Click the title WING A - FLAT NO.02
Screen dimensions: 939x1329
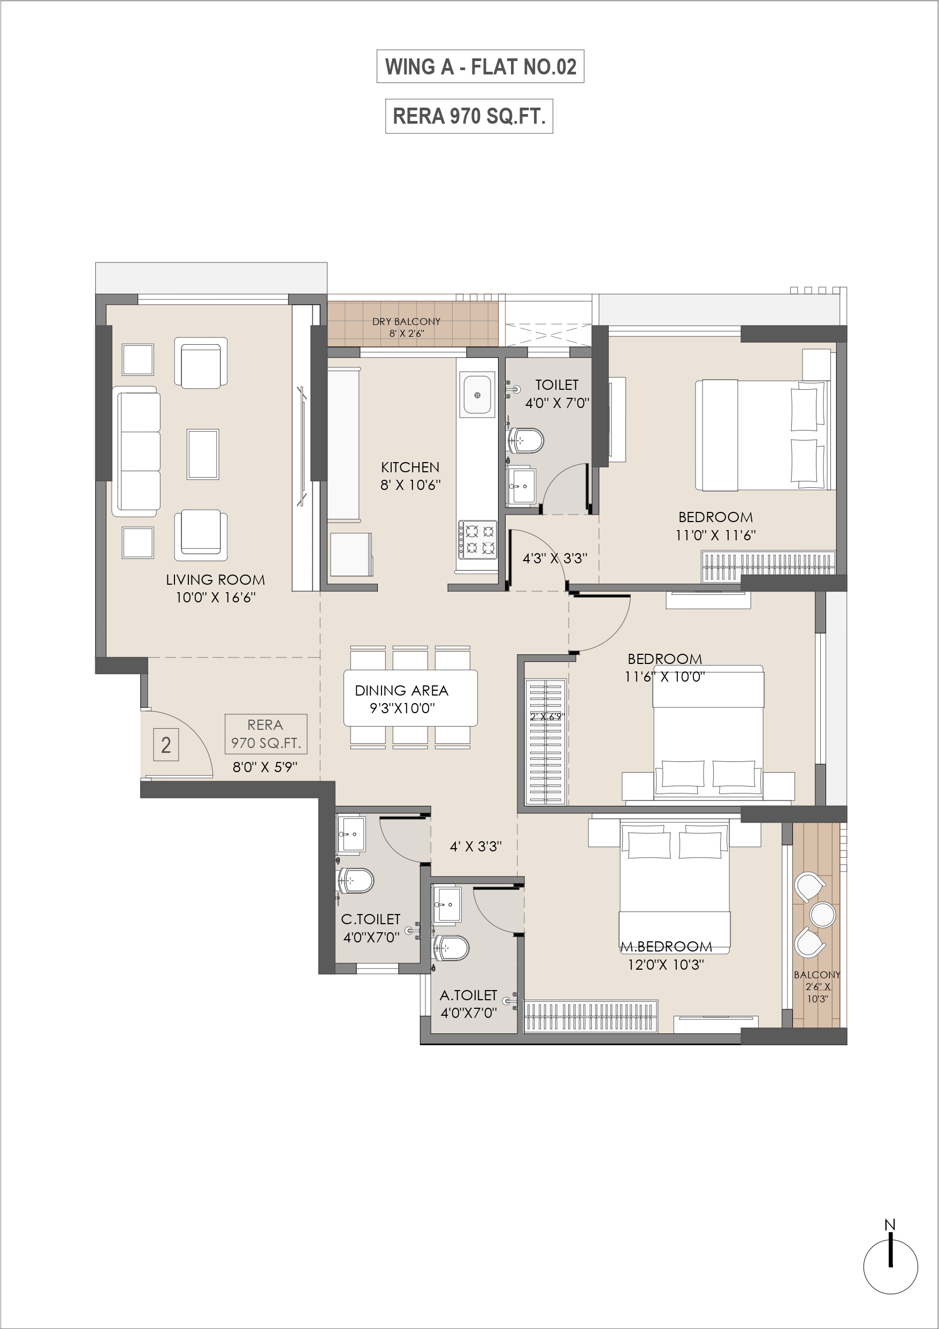(480, 66)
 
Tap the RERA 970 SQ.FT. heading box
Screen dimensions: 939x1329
(469, 116)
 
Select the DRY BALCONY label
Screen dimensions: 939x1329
(406, 321)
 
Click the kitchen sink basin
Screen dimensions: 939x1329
(477, 395)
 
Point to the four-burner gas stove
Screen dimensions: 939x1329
(478, 540)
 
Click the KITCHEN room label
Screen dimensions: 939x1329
(410, 467)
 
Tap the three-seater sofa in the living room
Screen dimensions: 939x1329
(137, 451)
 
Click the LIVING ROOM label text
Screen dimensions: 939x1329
(215, 579)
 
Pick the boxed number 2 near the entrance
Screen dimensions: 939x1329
(166, 745)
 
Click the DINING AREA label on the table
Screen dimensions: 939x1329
(401, 691)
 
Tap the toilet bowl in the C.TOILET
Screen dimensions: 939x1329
(356, 881)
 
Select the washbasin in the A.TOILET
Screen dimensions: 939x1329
(447, 904)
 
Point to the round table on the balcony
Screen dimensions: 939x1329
(823, 915)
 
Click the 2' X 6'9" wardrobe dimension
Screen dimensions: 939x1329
(547, 716)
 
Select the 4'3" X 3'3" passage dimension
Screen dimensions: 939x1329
(555, 558)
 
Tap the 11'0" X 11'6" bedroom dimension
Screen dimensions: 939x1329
(716, 535)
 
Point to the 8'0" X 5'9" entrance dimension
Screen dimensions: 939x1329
(265, 767)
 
